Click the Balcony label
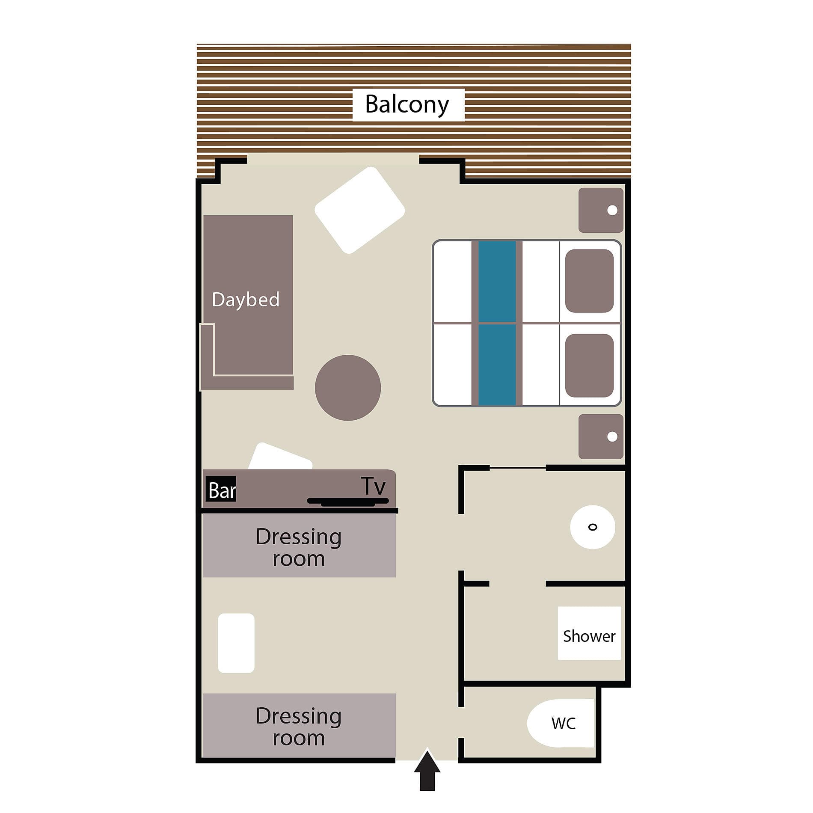tap(407, 104)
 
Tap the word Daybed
tap(246, 299)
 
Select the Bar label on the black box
tap(222, 490)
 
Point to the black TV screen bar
tap(348, 501)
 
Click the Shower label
tap(589, 636)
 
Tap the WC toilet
tap(561, 723)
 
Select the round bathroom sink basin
tap(593, 527)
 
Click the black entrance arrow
tap(427, 775)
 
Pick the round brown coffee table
tap(348, 388)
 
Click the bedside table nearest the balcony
tap(601, 210)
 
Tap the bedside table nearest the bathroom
tap(601, 436)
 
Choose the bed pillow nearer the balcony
tap(589, 281)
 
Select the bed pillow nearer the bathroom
tap(589, 365)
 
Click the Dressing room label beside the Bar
tap(299, 547)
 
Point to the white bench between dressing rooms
tap(236, 643)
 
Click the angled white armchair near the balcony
tap(360, 210)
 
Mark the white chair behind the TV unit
tap(280, 457)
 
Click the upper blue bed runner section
tap(497, 281)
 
